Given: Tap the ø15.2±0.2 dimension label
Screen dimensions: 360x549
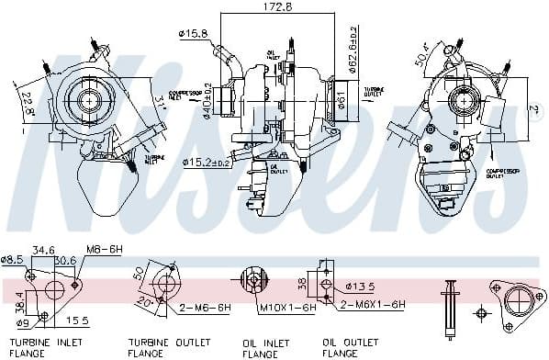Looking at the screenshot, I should point(208,163).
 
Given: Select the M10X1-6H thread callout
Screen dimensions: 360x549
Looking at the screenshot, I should point(286,308).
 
